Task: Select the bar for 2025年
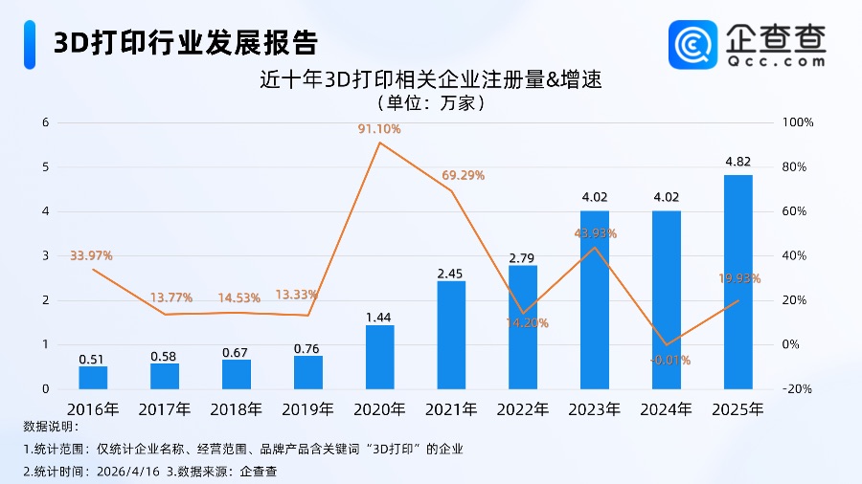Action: coord(737,281)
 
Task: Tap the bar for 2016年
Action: coord(93,378)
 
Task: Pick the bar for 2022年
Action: coord(523,327)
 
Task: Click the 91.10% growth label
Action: coord(379,129)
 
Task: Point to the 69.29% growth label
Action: coord(463,175)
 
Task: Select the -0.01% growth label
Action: coord(668,361)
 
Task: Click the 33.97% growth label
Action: coord(92,255)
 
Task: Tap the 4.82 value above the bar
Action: coord(737,162)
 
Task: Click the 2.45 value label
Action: coord(451,274)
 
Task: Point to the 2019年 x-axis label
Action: coord(307,409)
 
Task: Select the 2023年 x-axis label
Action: coord(595,409)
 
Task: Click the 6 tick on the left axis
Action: coord(44,122)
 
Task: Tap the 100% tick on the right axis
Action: coord(798,122)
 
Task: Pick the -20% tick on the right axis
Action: coord(798,389)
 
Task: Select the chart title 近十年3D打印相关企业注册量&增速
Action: coord(431,79)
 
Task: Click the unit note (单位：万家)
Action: coord(431,102)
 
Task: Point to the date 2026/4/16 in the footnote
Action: coord(124,471)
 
